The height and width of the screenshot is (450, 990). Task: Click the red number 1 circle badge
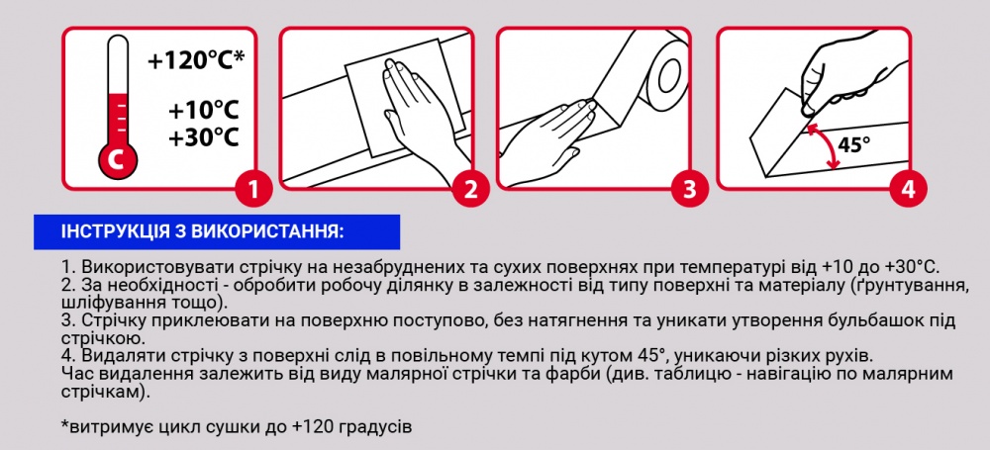(253, 188)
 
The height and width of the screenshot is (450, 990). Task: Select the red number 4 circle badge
(906, 188)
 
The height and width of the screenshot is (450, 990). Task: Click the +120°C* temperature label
(196, 61)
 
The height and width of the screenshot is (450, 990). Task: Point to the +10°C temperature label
(204, 109)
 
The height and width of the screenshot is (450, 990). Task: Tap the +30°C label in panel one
(204, 137)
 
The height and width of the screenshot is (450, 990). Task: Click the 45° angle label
(854, 144)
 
